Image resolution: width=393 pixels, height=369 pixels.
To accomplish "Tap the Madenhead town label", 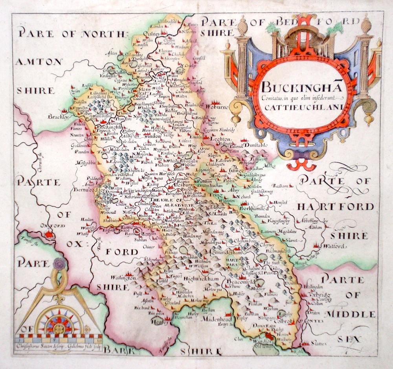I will [215, 319].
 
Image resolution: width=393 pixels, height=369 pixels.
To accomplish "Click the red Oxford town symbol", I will [49, 235].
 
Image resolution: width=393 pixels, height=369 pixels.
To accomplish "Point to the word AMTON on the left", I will [39, 62].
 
